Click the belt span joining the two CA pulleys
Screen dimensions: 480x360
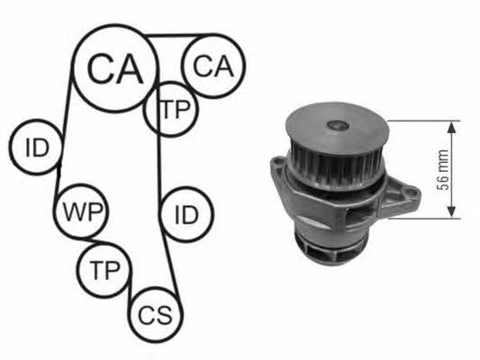coord(177,36)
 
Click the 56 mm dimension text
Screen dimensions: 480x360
coord(442,170)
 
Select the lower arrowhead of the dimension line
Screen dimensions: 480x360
coord(452,211)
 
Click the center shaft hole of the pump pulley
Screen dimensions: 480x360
coord(338,125)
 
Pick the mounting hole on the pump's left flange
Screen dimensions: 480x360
coord(279,160)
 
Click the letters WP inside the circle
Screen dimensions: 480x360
coord(82,211)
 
